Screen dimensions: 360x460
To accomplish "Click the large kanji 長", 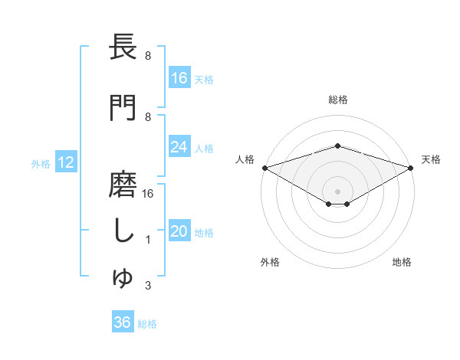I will tap(123, 47).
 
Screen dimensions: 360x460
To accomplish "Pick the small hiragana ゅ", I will tap(123, 280).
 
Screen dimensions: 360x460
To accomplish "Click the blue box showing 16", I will tap(179, 78).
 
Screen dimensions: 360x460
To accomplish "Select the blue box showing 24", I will tap(179, 147).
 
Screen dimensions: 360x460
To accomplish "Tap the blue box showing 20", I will tap(179, 232).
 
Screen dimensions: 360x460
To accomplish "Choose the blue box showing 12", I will tap(66, 162).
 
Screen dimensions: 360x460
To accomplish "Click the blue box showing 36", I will tap(123, 322).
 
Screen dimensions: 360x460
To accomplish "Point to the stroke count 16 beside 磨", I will tap(148, 194).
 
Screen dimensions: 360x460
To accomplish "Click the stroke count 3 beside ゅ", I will tap(147, 286).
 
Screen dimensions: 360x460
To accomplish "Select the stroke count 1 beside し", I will tap(147, 241).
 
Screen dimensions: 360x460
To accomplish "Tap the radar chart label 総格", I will tap(338, 100).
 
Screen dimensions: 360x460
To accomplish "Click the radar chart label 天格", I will tap(432, 159).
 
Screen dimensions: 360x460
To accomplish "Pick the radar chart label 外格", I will tap(270, 262).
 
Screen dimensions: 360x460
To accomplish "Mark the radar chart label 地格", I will tap(402, 262).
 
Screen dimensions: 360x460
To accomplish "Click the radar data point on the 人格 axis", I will tap(264, 168).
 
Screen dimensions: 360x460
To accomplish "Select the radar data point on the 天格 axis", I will tap(411, 168).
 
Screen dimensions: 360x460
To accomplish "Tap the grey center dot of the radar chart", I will tap(338, 191).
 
